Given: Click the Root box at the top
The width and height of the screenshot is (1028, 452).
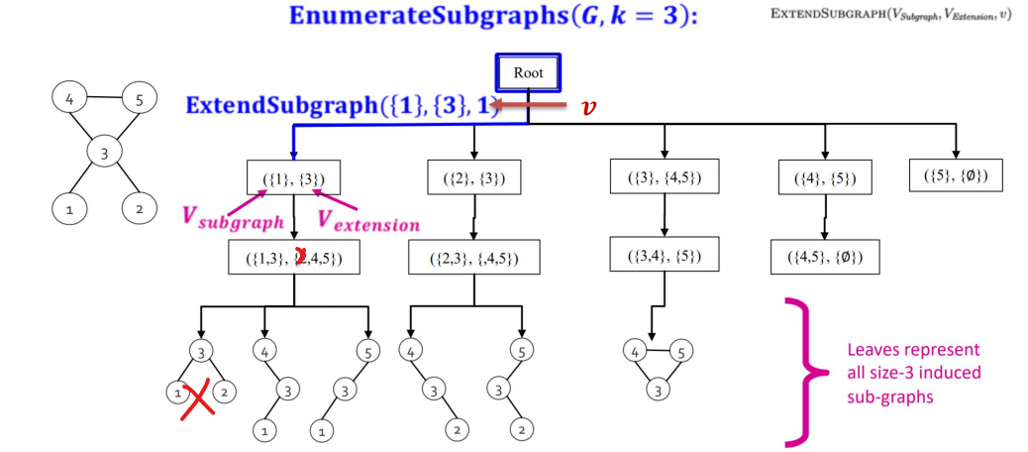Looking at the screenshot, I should [x=528, y=72].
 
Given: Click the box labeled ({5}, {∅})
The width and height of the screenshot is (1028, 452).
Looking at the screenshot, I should [x=955, y=175].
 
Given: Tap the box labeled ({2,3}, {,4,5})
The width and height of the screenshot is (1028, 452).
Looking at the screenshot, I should [x=475, y=258].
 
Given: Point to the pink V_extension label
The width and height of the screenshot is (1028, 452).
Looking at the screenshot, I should [x=367, y=221].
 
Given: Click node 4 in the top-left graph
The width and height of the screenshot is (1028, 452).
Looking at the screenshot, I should [x=70, y=99].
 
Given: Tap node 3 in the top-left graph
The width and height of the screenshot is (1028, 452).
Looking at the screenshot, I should [x=103, y=153].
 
